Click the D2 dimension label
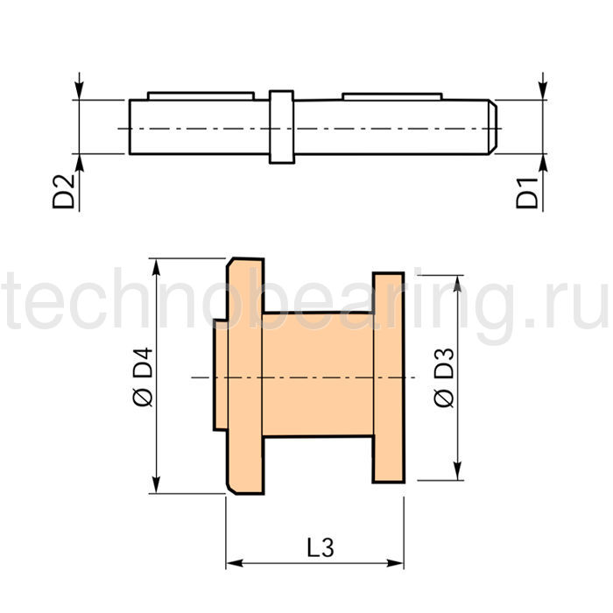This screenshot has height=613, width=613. click(63, 192)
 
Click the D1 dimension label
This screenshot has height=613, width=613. click(527, 193)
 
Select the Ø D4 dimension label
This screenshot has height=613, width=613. click(143, 377)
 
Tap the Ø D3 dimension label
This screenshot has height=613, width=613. click(445, 377)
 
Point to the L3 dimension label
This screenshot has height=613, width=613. click(321, 547)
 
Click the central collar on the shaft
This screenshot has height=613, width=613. click(281, 127)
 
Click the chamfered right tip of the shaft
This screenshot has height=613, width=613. click(492, 127)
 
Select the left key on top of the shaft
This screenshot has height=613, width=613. click(201, 96)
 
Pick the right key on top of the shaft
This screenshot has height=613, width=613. click(392, 96)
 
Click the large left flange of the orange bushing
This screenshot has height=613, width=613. click(245, 376)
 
